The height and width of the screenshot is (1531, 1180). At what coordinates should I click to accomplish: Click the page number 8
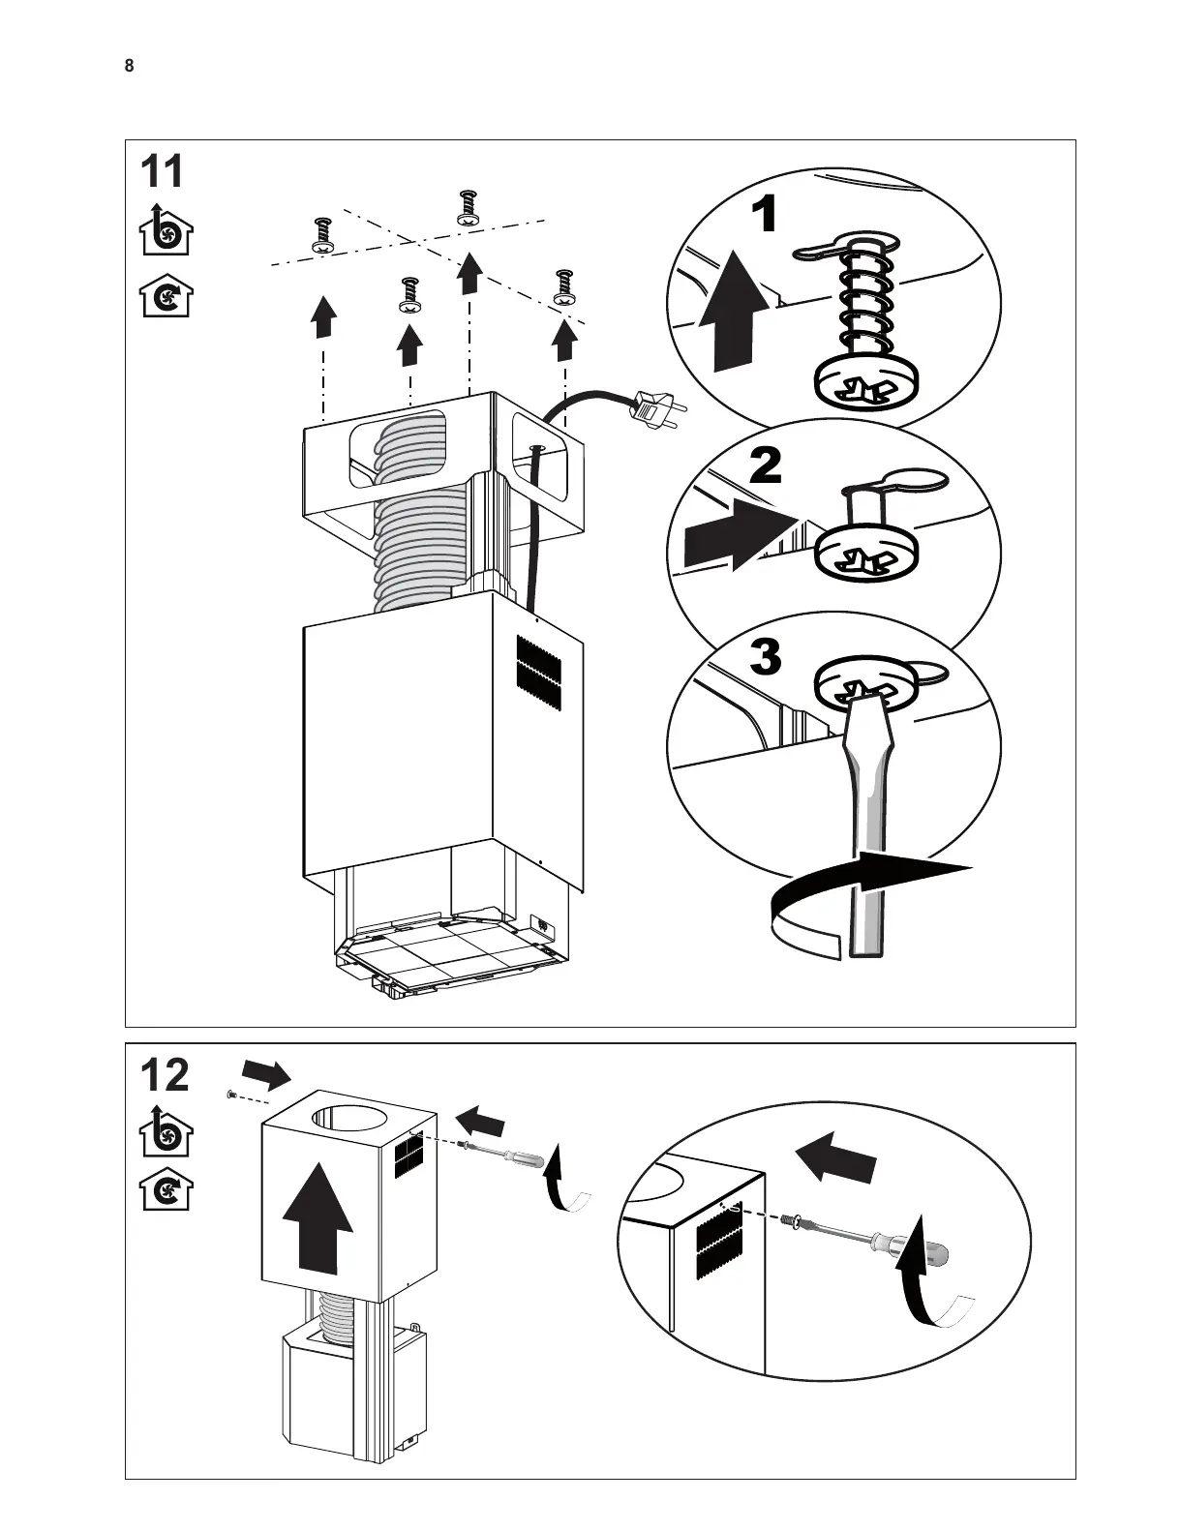[x=129, y=66]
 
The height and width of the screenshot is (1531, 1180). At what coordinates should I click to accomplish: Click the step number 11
[x=163, y=172]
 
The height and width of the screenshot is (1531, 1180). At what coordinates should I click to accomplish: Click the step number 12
[x=165, y=1075]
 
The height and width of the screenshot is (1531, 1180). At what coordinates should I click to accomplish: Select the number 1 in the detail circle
[x=765, y=215]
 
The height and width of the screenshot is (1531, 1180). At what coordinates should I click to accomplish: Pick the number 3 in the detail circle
[x=765, y=658]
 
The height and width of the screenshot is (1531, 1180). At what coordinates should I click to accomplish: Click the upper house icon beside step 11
[x=166, y=231]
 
